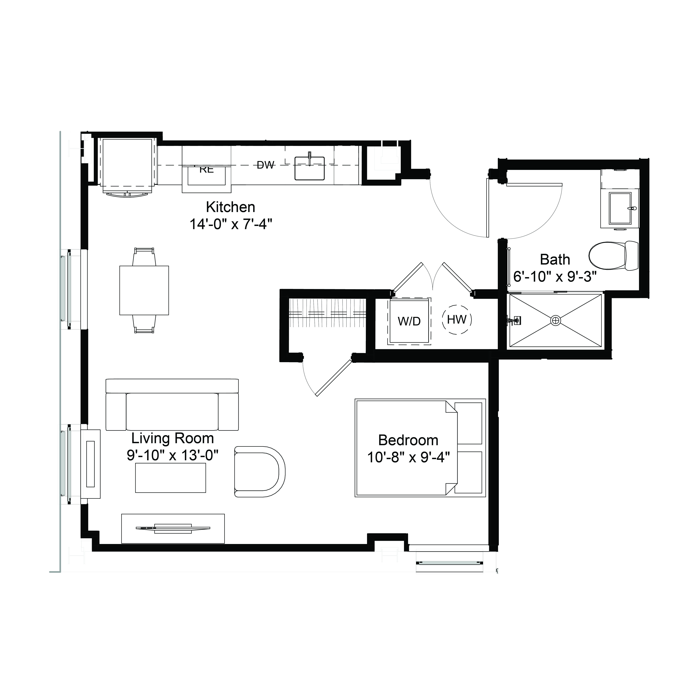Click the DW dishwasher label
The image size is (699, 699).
click(266, 165)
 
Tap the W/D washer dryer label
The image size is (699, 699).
click(409, 321)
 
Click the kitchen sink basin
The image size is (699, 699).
click(310, 168)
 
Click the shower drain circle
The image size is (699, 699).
click(555, 320)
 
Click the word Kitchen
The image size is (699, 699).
click(230, 207)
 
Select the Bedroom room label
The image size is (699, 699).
click(408, 440)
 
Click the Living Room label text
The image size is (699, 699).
click(173, 438)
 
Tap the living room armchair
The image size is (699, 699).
click(259, 471)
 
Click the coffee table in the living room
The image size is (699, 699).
click(170, 478)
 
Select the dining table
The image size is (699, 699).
click(144, 290)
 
